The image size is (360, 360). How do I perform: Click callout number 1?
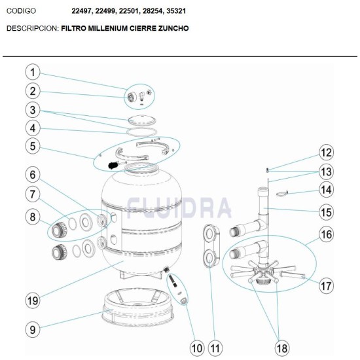pyautogui.click(x=33, y=71)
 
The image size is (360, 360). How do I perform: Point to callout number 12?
pyautogui.click(x=325, y=153)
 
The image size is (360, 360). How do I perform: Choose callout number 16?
pyautogui.click(x=325, y=234)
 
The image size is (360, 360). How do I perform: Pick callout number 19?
pyautogui.click(x=33, y=300)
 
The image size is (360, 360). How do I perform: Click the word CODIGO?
pyautogui.click(x=21, y=11)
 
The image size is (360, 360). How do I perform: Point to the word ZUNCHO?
pyautogui.click(x=173, y=29)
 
